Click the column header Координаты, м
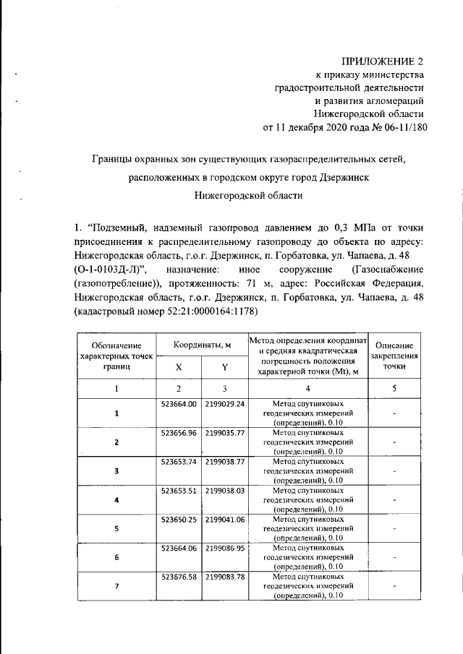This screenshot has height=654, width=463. click(201, 345)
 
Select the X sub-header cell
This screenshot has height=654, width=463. click(179, 367)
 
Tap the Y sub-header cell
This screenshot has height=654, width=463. click(224, 367)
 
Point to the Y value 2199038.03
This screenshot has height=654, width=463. click(225, 490)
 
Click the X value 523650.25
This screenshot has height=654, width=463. click(179, 519)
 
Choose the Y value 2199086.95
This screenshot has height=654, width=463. click(225, 548)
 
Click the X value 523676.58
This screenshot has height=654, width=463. click(179, 577)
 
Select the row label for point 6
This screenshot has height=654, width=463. click(116, 558)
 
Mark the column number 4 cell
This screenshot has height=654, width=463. click(307, 389)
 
